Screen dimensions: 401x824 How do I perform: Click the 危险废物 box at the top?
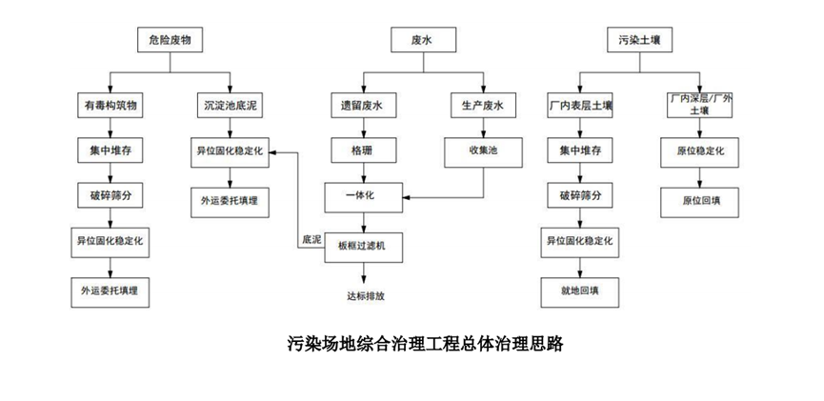pos(170,40)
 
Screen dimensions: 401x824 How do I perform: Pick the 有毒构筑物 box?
pos(111,106)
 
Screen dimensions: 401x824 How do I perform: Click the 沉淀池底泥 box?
pos(229,106)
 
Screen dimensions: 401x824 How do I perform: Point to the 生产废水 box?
pos(483,106)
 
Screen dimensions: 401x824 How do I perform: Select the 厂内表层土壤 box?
pos(579,106)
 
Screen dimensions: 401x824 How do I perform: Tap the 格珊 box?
pos(363,150)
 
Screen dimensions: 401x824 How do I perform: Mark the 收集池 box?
pos(483,150)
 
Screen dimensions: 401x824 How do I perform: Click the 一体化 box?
pos(363,196)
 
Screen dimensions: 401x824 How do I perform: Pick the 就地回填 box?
pos(579,289)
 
